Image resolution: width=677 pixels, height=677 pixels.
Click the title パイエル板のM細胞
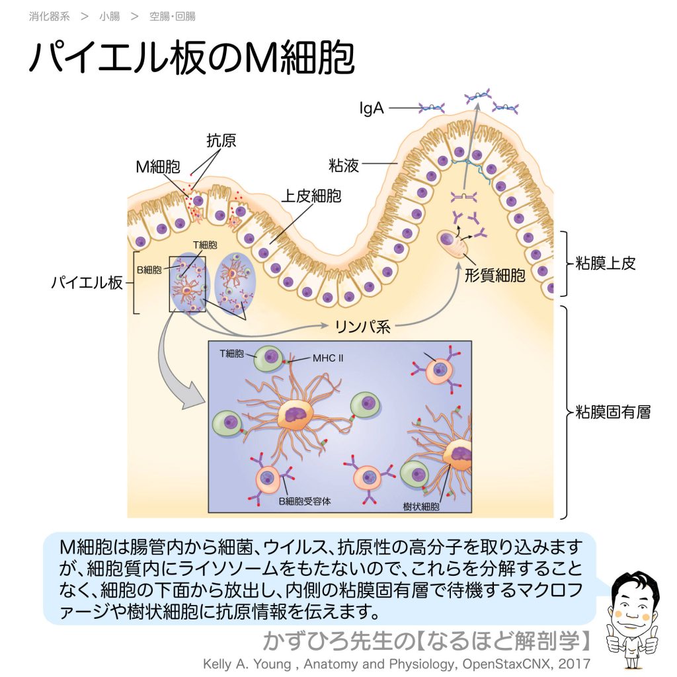point(192,58)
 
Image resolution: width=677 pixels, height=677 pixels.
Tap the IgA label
point(372,108)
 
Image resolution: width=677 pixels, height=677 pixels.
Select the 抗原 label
point(221,140)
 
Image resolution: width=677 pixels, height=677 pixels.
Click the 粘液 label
point(344,165)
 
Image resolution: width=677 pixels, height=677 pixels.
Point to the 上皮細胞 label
point(311,196)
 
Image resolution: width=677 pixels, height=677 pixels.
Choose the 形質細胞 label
point(495,276)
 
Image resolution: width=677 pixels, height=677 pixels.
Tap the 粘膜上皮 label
point(610,263)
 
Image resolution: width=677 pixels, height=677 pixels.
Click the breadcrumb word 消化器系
point(49,17)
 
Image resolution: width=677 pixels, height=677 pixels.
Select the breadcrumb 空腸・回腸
point(173,17)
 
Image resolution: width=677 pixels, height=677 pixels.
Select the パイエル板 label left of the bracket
point(87,283)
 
